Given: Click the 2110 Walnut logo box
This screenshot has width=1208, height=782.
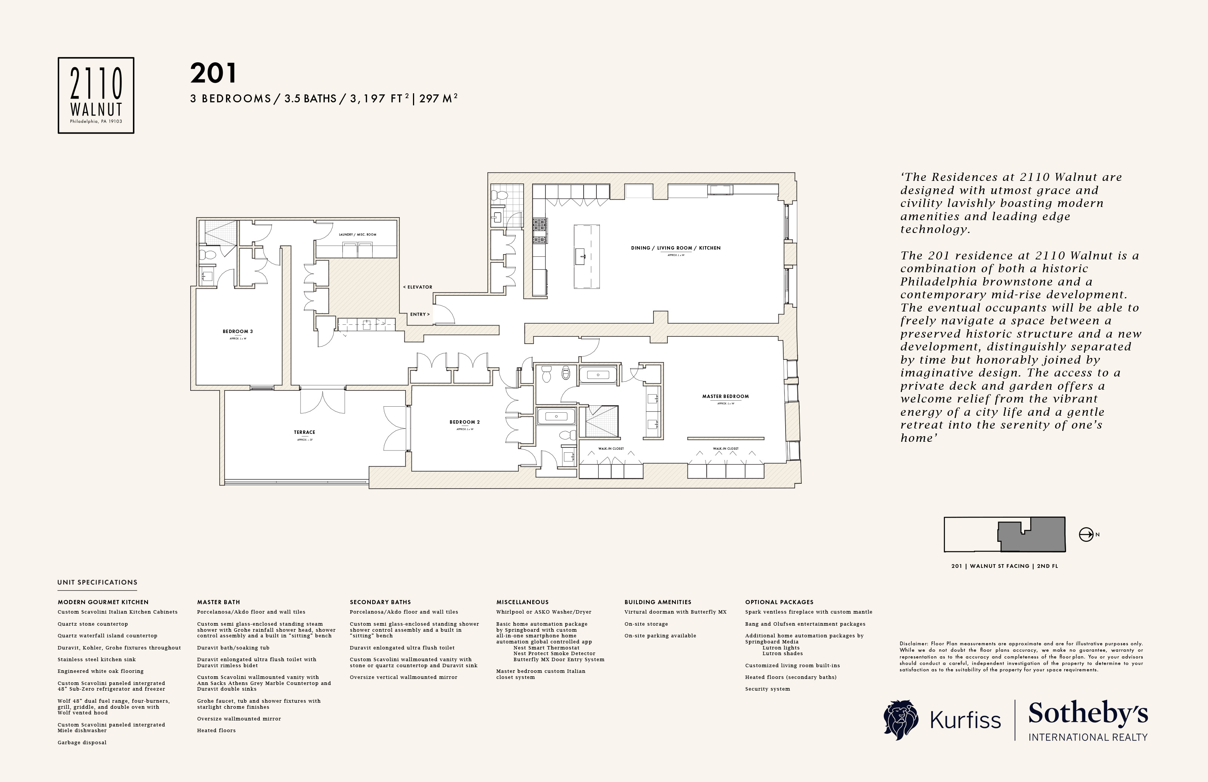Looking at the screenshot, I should click(x=96, y=96).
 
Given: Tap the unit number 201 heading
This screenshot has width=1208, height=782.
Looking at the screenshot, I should click(x=213, y=74).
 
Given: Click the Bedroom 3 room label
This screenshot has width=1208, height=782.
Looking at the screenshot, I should click(x=237, y=332).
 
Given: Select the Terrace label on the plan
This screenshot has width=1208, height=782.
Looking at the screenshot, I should click(x=305, y=432).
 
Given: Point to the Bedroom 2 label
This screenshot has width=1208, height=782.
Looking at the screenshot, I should click(x=464, y=422).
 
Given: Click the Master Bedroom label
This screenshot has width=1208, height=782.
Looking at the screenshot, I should click(x=725, y=396).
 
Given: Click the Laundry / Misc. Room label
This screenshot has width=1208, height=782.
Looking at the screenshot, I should click(x=357, y=234).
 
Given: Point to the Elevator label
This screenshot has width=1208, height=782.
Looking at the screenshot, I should click(x=418, y=287).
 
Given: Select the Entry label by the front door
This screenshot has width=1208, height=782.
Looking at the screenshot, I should click(x=420, y=314).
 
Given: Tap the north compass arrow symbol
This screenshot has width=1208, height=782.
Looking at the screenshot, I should click(x=1085, y=535).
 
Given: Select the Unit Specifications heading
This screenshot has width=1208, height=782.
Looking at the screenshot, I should click(x=97, y=582).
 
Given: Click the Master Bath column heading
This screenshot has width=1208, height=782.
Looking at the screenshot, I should click(x=218, y=602).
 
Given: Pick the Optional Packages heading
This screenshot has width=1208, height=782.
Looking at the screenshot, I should click(x=779, y=602).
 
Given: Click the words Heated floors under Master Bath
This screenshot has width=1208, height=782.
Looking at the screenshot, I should click(x=216, y=731).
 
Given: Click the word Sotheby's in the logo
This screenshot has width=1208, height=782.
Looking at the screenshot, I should click(x=1088, y=714).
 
